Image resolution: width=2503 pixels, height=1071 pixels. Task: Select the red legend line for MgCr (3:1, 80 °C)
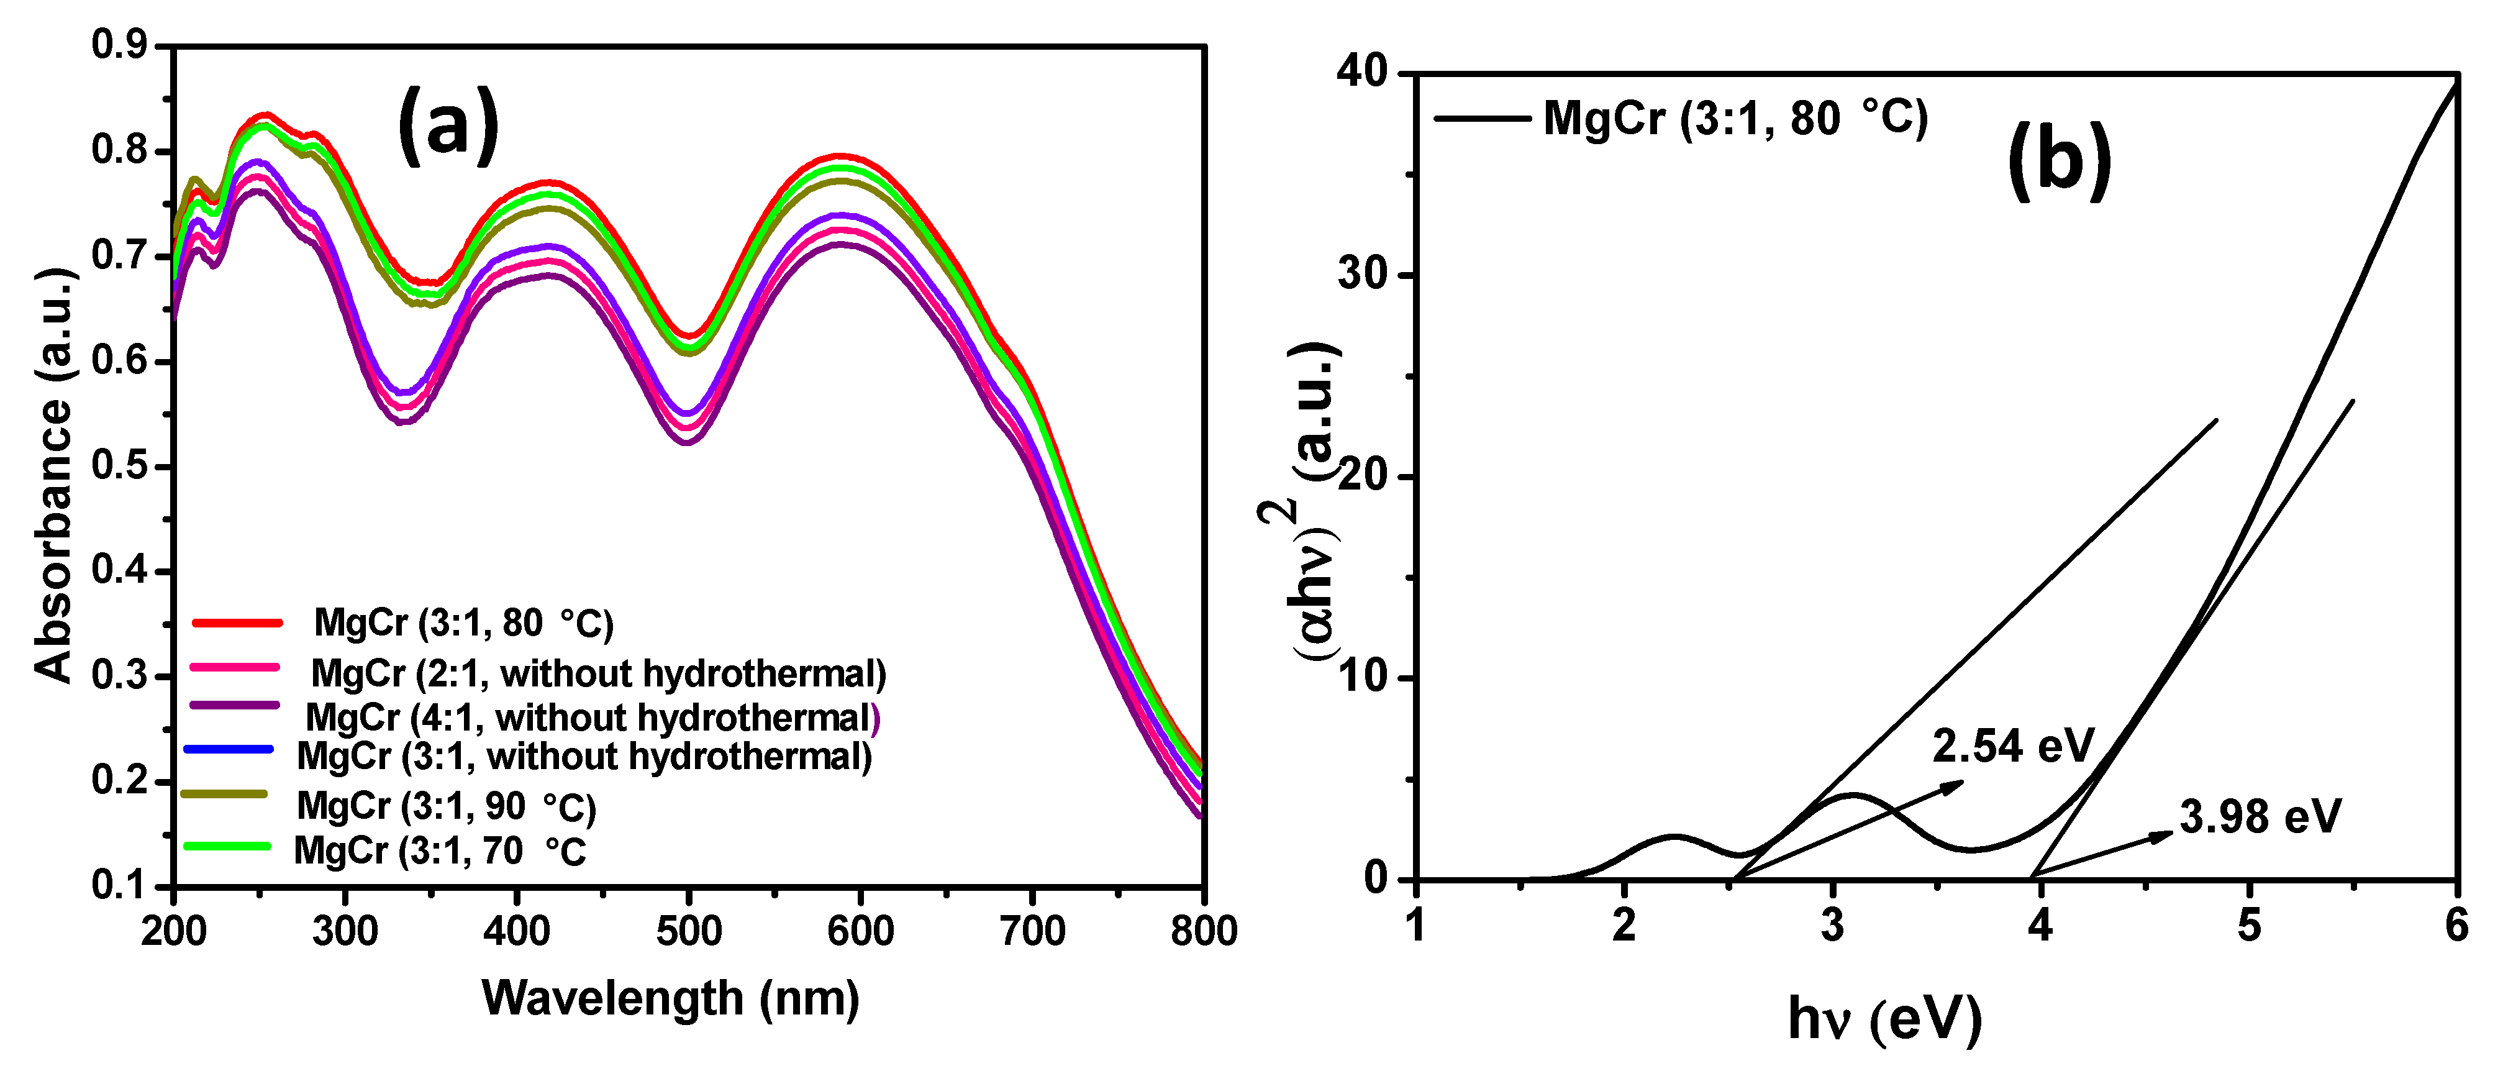click(237, 622)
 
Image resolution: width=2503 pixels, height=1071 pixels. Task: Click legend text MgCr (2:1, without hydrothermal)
click(597, 673)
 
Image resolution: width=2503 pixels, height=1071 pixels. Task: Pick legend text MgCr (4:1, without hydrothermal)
click(593, 718)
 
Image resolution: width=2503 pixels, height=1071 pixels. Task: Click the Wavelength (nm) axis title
click(670, 998)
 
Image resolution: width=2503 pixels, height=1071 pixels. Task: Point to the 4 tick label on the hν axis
click(2040, 925)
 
